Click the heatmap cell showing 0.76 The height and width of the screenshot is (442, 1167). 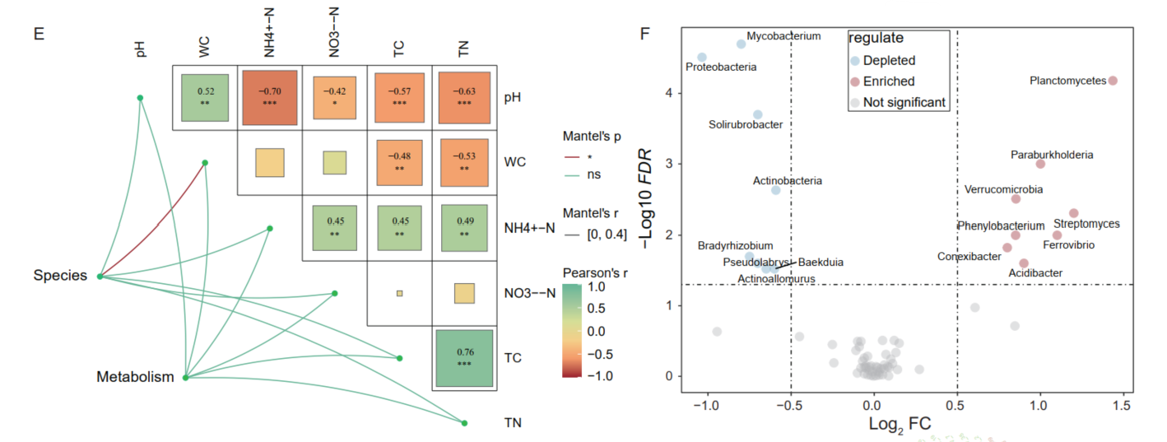[x=463, y=359]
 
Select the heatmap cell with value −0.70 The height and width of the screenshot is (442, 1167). [x=268, y=96]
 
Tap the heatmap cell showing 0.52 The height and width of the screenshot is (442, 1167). [x=204, y=96]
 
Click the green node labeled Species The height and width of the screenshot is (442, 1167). [x=100, y=277]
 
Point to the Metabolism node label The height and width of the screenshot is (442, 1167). [x=135, y=378]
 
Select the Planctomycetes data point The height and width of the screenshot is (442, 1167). [x=1113, y=81]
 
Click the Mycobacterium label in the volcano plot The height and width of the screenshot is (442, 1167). [x=783, y=36]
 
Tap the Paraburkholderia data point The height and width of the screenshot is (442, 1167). [x=1040, y=164]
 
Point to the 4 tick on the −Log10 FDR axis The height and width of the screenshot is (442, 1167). [x=669, y=94]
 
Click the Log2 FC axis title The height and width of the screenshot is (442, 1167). [x=900, y=425]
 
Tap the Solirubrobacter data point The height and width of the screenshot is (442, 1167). [x=758, y=114]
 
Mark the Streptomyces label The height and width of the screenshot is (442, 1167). [x=1086, y=224]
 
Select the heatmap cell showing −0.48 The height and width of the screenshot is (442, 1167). [x=398, y=162]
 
